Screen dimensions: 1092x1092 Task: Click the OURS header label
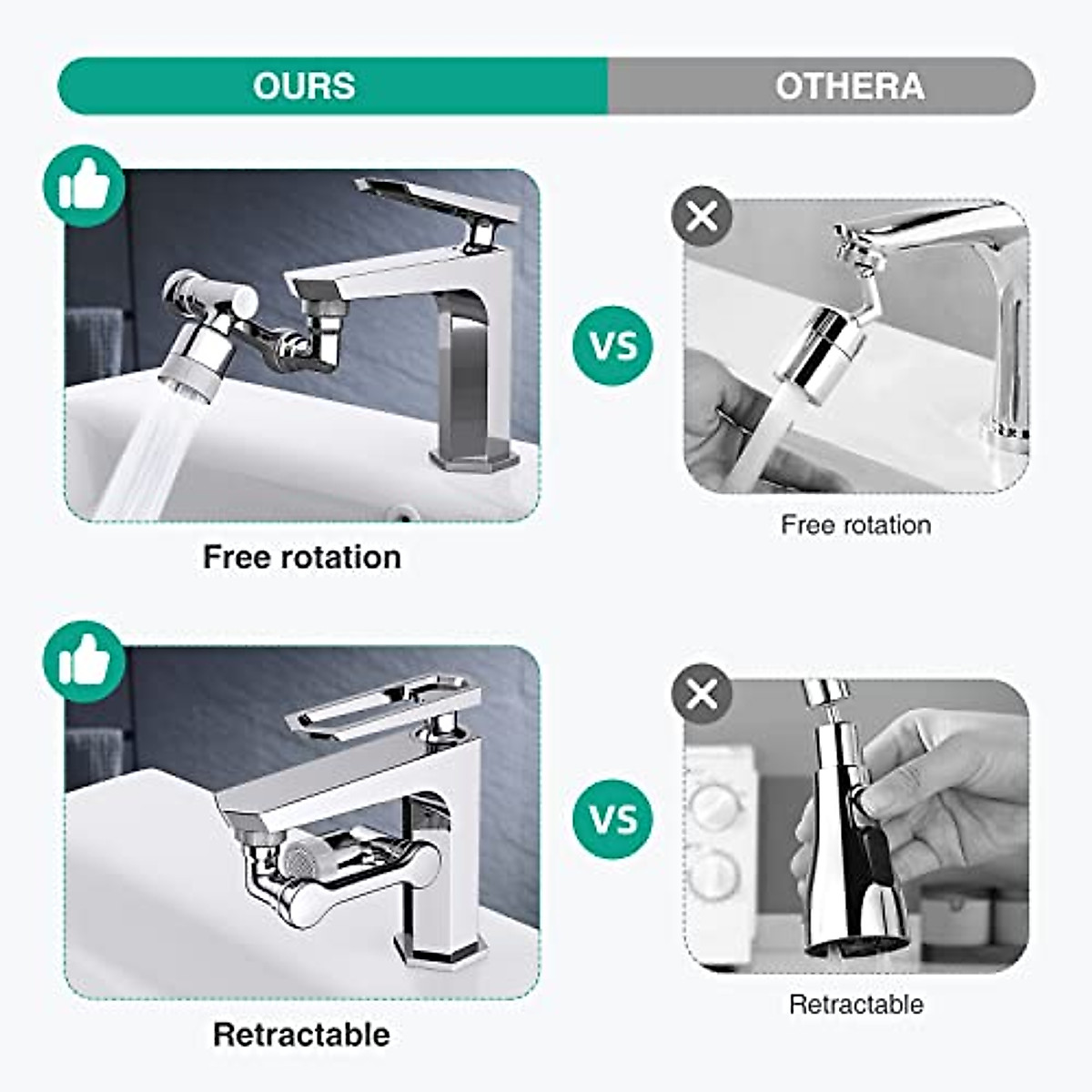(x=304, y=86)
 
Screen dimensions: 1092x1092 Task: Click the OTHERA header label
(x=849, y=86)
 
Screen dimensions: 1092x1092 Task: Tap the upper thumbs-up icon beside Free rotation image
(x=84, y=186)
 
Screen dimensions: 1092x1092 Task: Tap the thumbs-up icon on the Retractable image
(x=84, y=662)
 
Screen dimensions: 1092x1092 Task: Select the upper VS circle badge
(x=612, y=346)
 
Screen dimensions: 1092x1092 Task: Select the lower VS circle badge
(x=612, y=819)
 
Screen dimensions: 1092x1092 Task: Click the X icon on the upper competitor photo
(x=702, y=217)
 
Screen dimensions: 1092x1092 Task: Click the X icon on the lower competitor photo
(x=702, y=695)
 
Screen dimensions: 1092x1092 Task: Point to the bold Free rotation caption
(x=301, y=557)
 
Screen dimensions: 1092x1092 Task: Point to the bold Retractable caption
(x=301, y=1035)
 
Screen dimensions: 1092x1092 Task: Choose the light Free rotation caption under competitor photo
(x=855, y=525)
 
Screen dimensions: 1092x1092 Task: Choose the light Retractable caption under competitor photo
(x=855, y=1005)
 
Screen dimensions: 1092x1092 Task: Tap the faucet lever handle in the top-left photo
(x=437, y=200)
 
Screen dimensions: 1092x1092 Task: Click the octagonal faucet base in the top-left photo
(x=474, y=454)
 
